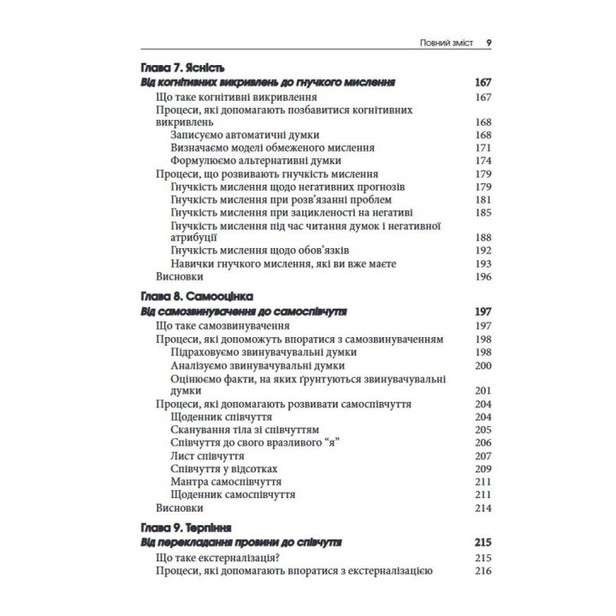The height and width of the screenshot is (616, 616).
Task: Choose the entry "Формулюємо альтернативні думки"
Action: (x=257, y=160)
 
